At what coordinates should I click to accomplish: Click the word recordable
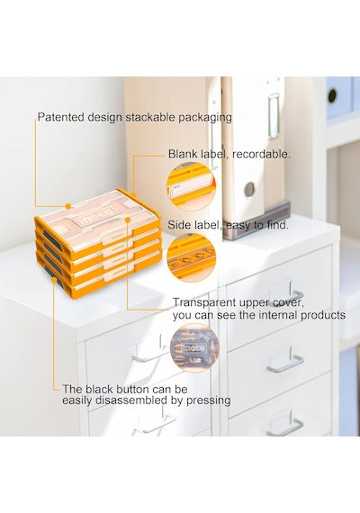pyautogui.click(x=261, y=154)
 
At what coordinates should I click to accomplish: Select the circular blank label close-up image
pyautogui.click(x=191, y=186)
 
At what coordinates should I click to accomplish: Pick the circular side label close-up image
pyautogui.click(x=191, y=256)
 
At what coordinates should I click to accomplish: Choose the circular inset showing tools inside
pyautogui.click(x=194, y=348)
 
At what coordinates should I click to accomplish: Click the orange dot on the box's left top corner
pyautogui.click(x=68, y=206)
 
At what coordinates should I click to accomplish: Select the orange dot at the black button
pyautogui.click(x=54, y=280)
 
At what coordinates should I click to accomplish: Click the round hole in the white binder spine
pyautogui.click(x=249, y=189)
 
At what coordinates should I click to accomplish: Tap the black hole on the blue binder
pyautogui.click(x=332, y=95)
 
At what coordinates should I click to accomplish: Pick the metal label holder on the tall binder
pyautogui.click(x=274, y=115)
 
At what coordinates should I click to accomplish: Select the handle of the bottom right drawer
pyautogui.click(x=285, y=426)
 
